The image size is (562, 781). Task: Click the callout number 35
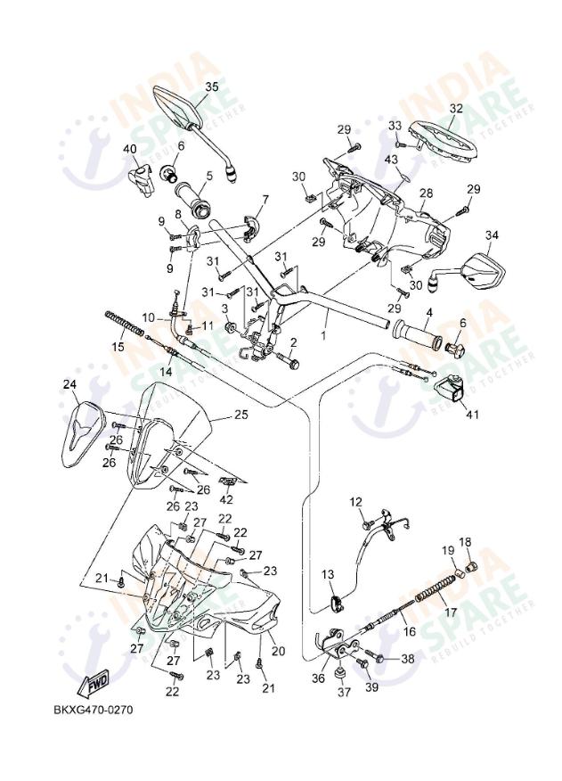[211, 86]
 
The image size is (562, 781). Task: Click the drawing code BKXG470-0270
[93, 711]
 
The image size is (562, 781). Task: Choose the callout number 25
[240, 415]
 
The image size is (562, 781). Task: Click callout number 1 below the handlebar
[324, 337]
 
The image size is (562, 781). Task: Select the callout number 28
[426, 193]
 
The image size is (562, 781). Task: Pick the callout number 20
[278, 651]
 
